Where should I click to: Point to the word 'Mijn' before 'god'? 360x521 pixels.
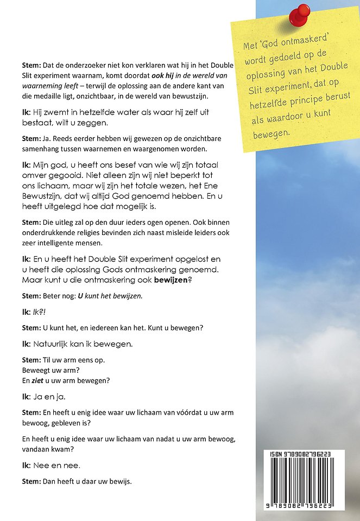[x=41, y=164]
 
